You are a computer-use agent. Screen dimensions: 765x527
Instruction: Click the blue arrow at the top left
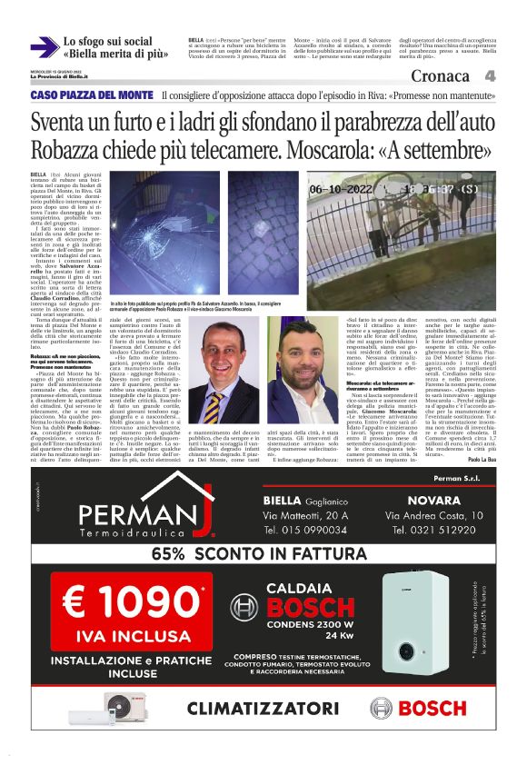[43, 47]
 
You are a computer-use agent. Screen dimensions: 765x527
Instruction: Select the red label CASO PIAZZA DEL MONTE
[92, 95]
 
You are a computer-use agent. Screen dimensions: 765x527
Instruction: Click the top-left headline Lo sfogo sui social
[109, 41]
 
